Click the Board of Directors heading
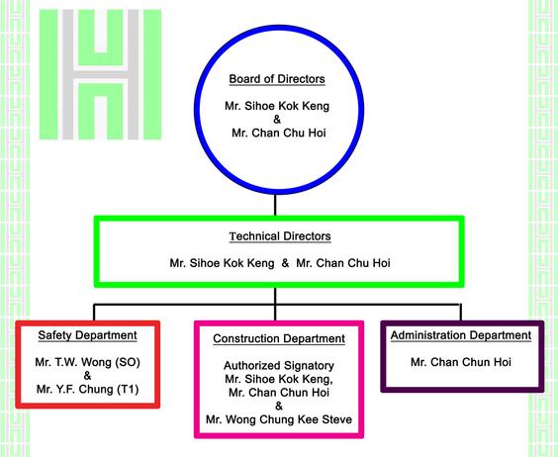click(277, 79)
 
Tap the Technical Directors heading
click(280, 236)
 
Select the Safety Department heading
click(87, 335)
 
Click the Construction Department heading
click(279, 338)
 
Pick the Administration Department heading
click(461, 335)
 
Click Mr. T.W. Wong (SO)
click(87, 362)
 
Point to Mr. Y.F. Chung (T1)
click(87, 389)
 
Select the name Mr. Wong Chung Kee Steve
click(279, 419)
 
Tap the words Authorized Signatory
click(279, 366)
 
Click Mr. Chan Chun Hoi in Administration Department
click(461, 362)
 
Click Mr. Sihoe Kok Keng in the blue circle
click(277, 106)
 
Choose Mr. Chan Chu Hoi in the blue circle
click(279, 134)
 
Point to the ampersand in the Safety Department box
click(87, 376)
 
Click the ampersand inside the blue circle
click(277, 120)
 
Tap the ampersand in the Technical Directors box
click(285, 263)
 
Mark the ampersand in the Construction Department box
click(279, 406)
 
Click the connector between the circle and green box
click(275, 205)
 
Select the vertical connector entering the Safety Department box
click(94, 313)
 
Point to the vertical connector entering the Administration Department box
click(461, 313)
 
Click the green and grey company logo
click(100, 74)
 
